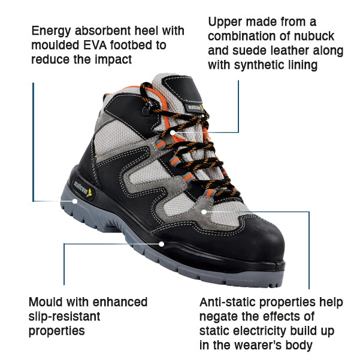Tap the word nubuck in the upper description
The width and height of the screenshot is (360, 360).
coord(314,36)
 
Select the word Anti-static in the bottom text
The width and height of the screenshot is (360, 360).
coord(228,302)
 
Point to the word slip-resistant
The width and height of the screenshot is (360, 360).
coord(64,317)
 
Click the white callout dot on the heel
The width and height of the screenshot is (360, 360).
coord(75,201)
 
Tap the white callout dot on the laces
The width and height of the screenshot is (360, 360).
coord(173,132)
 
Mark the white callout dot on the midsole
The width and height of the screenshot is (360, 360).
coord(162,244)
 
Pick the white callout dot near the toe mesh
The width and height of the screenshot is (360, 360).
coord(204,212)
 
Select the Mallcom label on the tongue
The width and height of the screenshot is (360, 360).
coord(194,108)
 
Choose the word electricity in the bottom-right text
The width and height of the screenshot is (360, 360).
coord(243,331)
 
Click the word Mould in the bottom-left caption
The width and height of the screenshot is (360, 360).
coord(46,302)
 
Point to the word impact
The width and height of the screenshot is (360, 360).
coord(113,60)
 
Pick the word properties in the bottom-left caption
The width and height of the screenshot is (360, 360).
coord(57,331)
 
